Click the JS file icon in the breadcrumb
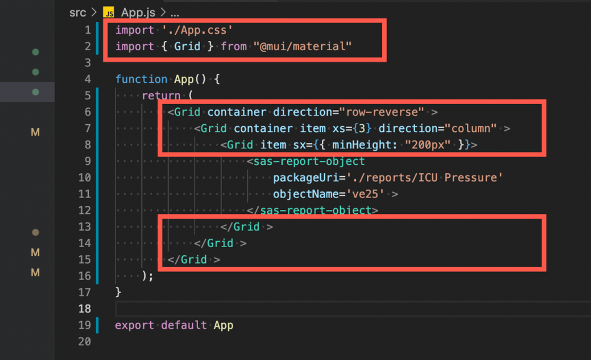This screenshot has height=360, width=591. point(109,12)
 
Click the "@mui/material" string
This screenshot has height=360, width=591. point(302,46)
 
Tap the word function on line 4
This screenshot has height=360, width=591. point(141,79)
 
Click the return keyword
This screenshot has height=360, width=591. point(161,96)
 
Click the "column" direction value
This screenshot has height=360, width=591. point(472,128)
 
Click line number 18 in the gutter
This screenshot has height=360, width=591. point(84,309)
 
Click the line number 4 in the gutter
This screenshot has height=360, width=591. point(88,79)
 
